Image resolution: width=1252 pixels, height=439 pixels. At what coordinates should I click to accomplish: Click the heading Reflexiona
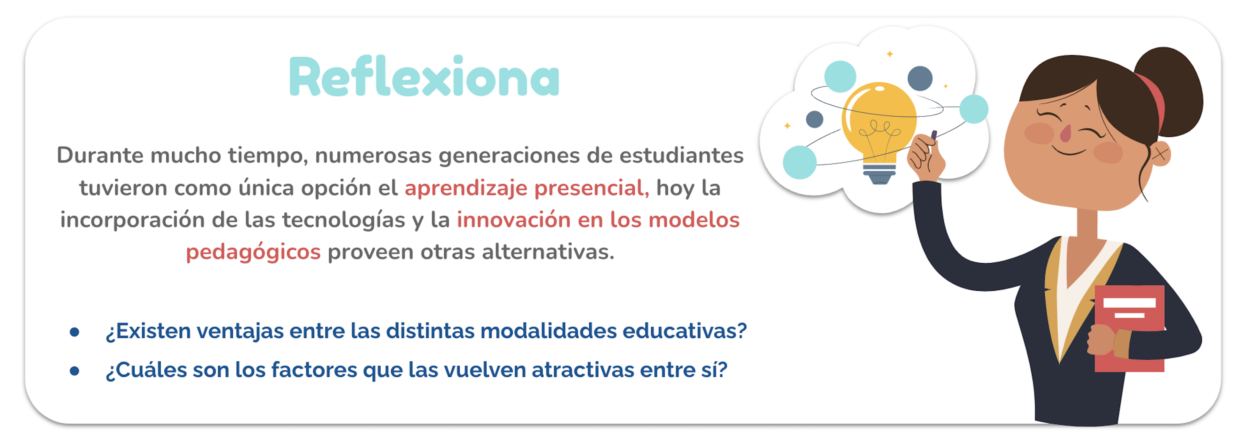(424, 77)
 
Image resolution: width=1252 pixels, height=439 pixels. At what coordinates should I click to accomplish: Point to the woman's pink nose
(1065, 133)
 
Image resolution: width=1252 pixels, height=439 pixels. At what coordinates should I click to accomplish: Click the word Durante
(100, 155)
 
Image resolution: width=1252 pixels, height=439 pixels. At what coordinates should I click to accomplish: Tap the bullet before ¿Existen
(75, 332)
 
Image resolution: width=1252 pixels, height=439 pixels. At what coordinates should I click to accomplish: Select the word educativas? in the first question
(684, 331)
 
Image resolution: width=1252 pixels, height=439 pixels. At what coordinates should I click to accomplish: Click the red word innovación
(514, 220)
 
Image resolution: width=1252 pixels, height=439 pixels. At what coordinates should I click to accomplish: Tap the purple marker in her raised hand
(934, 135)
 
